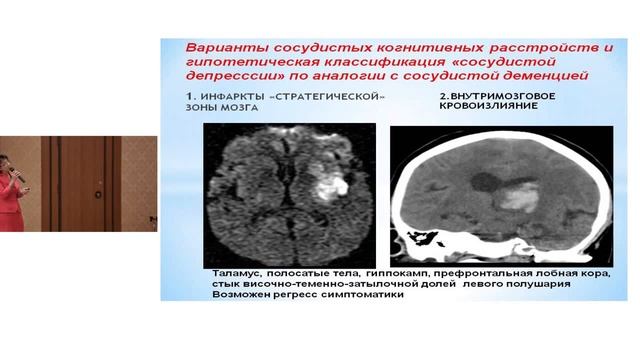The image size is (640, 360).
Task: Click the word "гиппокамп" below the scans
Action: point(412,273)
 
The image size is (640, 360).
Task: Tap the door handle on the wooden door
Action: point(100,181)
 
